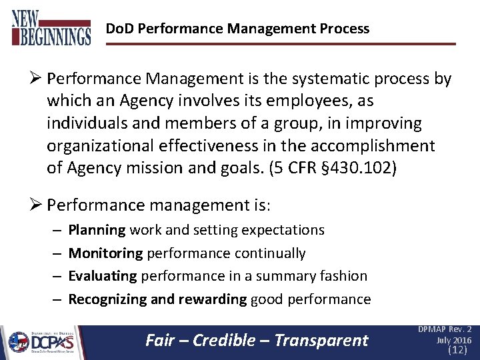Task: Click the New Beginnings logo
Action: coord(51,27)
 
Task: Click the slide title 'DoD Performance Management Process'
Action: coord(237,29)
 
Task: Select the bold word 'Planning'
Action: coord(97,230)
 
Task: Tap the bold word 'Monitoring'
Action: coord(105,253)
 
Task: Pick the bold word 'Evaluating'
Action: coord(103,276)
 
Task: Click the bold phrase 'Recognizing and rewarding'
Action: coord(157,299)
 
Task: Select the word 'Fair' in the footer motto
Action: coord(159,341)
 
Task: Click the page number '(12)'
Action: coord(457,349)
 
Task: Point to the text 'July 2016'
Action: coord(453,340)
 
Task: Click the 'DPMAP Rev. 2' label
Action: coord(445,329)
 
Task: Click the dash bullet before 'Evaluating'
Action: coord(56,276)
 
